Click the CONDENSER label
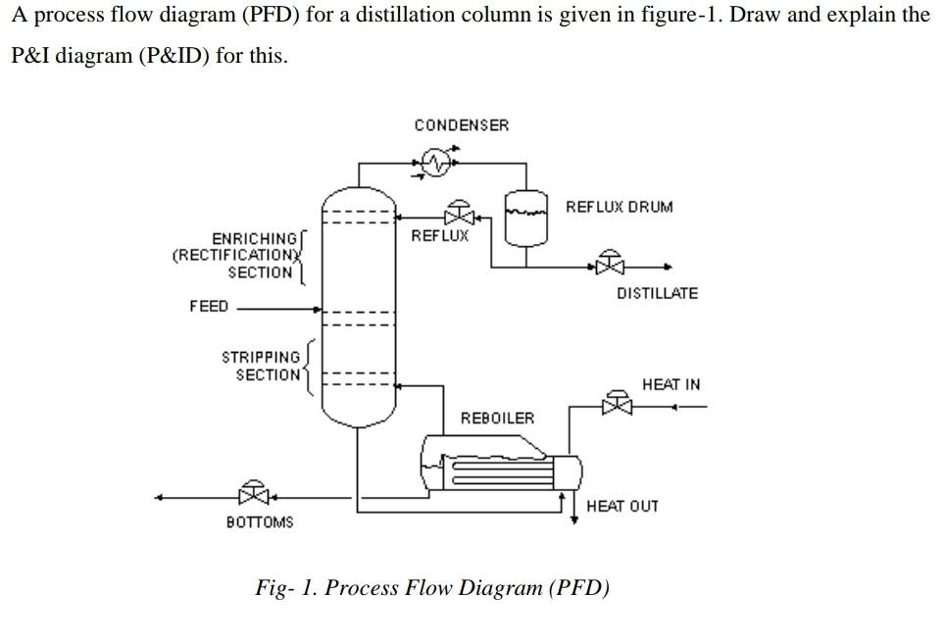(461, 125)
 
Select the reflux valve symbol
(458, 215)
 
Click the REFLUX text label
(439, 236)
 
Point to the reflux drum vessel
(525, 217)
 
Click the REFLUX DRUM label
(619, 207)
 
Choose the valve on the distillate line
(611, 265)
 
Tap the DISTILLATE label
(657, 293)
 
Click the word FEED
(208, 307)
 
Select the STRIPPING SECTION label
(262, 366)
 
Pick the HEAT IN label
(671, 384)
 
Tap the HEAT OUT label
(622, 506)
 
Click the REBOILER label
(497, 419)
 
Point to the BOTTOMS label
(259, 522)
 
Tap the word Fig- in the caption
(275, 588)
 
